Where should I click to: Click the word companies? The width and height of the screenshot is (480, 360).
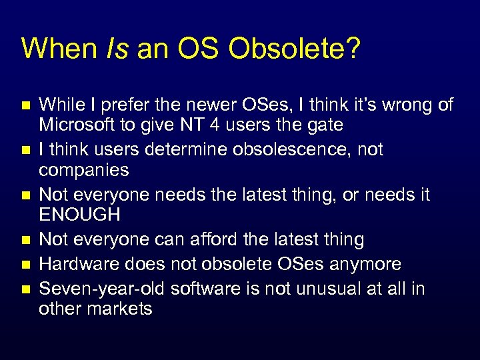click(84, 169)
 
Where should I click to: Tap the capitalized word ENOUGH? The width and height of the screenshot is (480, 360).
click(80, 215)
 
